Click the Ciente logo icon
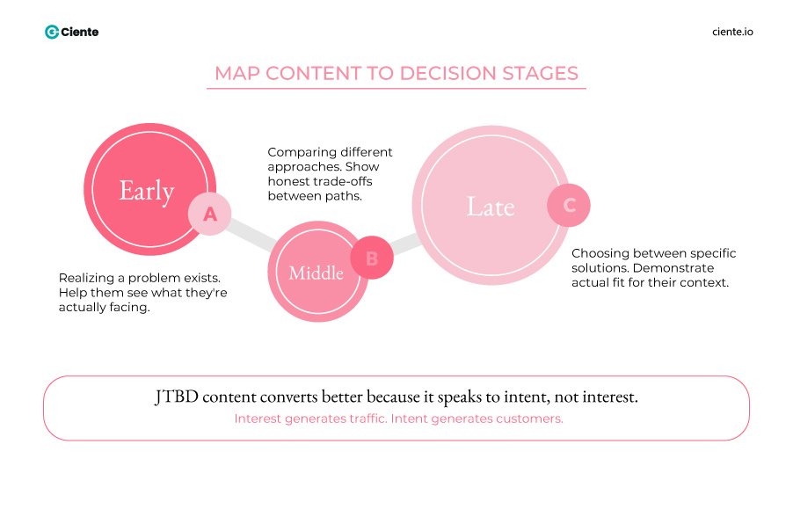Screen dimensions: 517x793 pos(52,32)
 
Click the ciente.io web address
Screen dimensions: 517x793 pos(731,32)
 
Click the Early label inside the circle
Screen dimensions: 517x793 pos(147,191)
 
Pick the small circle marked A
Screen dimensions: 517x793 pos(209,214)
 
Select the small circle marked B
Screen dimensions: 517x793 pos(371,258)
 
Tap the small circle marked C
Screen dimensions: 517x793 pos(569,206)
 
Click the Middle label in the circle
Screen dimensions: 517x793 pos(316,273)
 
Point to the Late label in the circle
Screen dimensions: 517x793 pos(490,207)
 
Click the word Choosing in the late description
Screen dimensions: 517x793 pos(600,253)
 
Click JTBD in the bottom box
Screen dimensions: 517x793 pos(174,397)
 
